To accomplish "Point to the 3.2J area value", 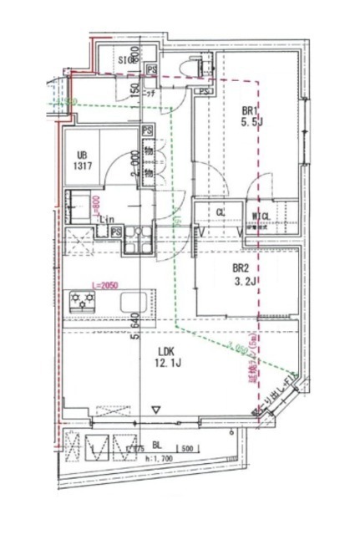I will pyautogui.click(x=244, y=283).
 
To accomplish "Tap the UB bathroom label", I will pyautogui.click(x=83, y=155).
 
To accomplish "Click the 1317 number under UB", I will pyautogui.click(x=83, y=167).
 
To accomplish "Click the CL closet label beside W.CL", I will pyautogui.click(x=221, y=213).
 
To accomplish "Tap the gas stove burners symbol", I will pyautogui.click(x=84, y=299).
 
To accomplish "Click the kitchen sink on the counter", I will pyautogui.click(x=134, y=301).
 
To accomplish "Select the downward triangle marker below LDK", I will pyautogui.click(x=155, y=410).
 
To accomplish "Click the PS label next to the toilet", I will pyautogui.click(x=153, y=69).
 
